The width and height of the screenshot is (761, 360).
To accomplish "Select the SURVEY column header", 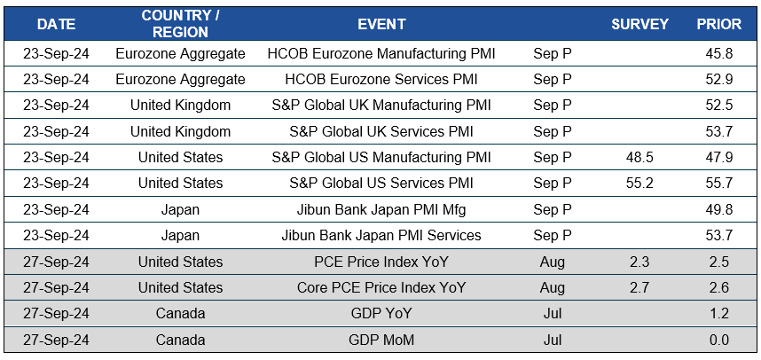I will point(639,24).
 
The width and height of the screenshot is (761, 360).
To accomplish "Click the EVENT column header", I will point(381,24).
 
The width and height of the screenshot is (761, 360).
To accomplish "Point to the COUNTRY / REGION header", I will point(180,24).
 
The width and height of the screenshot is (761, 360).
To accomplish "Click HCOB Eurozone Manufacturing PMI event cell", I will point(381,53).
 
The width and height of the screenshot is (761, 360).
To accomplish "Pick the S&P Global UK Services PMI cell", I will point(381,131).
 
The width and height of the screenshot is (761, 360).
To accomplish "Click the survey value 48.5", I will point(639,158).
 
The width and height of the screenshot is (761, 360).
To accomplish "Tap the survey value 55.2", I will point(639,184).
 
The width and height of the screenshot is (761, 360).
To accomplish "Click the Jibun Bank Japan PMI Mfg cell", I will point(381,210).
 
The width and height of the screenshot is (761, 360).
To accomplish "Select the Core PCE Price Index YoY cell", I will point(381,288).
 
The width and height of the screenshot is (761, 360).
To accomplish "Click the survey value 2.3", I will point(639,262).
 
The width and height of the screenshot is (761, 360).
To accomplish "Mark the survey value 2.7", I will point(639,288).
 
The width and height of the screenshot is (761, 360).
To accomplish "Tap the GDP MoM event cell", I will point(381,340).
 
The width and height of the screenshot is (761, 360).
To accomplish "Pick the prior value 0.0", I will point(718,340).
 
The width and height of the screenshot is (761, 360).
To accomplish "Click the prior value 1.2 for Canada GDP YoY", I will point(718,314).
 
